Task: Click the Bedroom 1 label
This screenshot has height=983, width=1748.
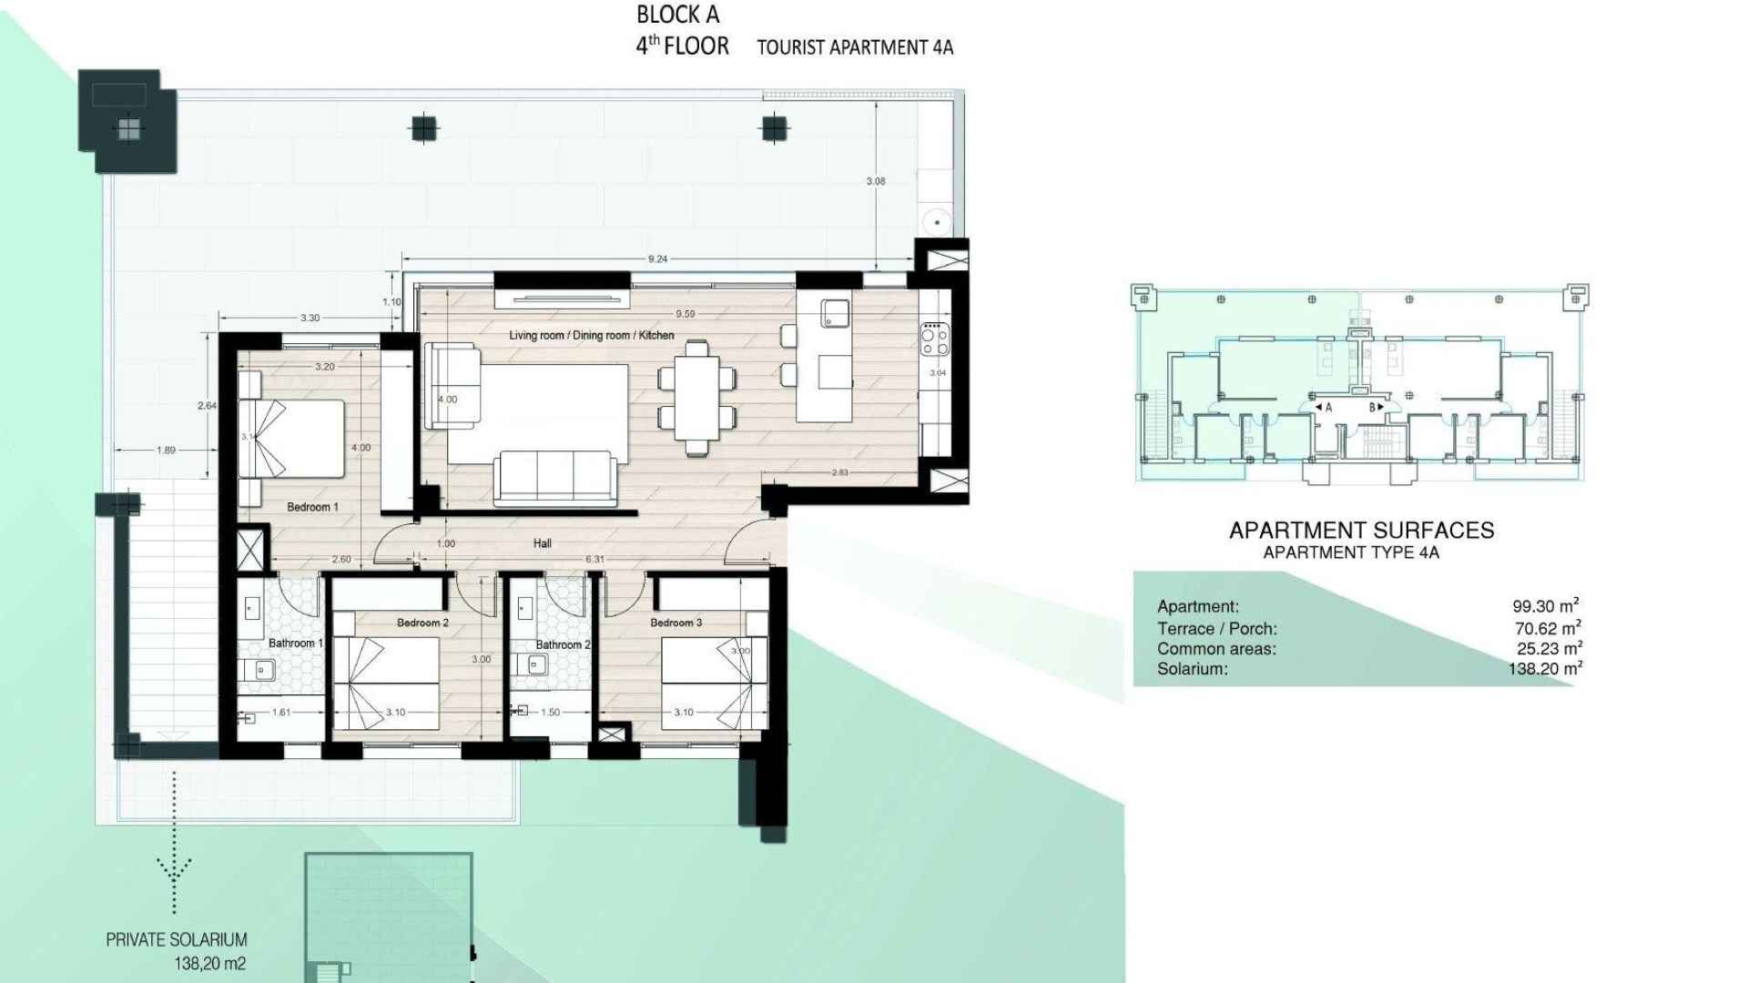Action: click(x=312, y=507)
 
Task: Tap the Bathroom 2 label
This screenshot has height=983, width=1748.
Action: click(x=563, y=644)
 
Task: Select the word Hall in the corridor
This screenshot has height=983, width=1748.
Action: click(x=543, y=543)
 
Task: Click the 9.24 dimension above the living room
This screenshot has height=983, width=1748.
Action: click(x=657, y=259)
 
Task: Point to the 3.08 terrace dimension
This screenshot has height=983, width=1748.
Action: click(x=875, y=181)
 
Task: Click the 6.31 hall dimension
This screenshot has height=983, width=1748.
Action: click(x=594, y=559)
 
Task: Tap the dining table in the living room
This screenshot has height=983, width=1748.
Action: click(x=696, y=397)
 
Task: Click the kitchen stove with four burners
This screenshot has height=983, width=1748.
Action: click(x=934, y=339)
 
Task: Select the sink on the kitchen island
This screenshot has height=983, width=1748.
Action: click(x=835, y=313)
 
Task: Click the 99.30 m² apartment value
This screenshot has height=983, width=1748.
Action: click(x=1545, y=605)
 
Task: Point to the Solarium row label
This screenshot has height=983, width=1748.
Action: click(x=1192, y=669)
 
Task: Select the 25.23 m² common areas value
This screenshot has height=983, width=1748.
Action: click(x=1545, y=648)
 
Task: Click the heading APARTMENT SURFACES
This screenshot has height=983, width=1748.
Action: click(x=1361, y=531)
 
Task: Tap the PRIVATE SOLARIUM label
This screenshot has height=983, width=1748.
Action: click(x=177, y=940)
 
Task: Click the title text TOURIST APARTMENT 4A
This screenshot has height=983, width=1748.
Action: click(x=855, y=47)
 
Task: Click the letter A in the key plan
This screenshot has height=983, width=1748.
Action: click(x=1328, y=408)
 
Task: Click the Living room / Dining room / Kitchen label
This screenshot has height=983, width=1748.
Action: click(x=592, y=336)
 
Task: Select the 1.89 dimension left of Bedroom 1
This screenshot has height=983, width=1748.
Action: click(x=166, y=450)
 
